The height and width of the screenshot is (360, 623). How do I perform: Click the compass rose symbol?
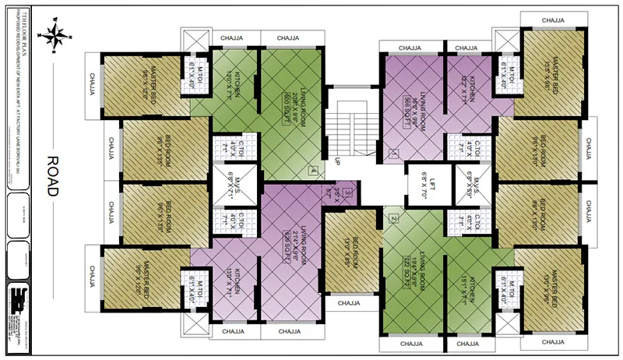[56, 34]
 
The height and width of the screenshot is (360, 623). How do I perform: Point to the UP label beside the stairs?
[337, 162]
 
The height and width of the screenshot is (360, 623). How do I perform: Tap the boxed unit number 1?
[395, 154]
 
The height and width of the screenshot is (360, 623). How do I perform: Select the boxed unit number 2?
[394, 219]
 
